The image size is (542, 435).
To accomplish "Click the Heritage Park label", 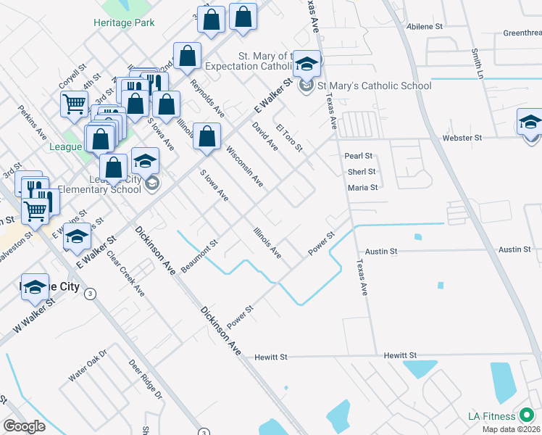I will pyautogui.click(x=124, y=22).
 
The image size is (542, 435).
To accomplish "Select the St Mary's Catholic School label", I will pyautogui.click(x=375, y=86).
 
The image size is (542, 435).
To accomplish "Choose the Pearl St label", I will pyautogui.click(x=359, y=156).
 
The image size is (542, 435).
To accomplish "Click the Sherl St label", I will pyautogui.click(x=362, y=172).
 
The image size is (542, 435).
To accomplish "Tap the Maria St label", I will pyautogui.click(x=363, y=188).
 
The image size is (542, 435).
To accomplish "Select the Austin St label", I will pyautogui.click(x=382, y=251).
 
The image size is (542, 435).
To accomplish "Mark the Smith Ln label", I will pyautogui.click(x=477, y=65).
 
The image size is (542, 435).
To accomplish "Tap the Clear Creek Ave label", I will pyautogui.click(x=125, y=274).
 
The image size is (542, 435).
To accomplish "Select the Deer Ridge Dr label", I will pyautogui.click(x=145, y=379).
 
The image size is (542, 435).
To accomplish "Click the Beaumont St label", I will pyautogui.click(x=199, y=257).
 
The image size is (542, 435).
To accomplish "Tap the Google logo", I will pyautogui.click(x=24, y=426).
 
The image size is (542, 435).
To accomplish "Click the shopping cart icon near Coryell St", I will pyautogui.click(x=75, y=105).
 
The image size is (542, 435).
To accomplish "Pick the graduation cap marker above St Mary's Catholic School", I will pyautogui.click(x=307, y=66).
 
